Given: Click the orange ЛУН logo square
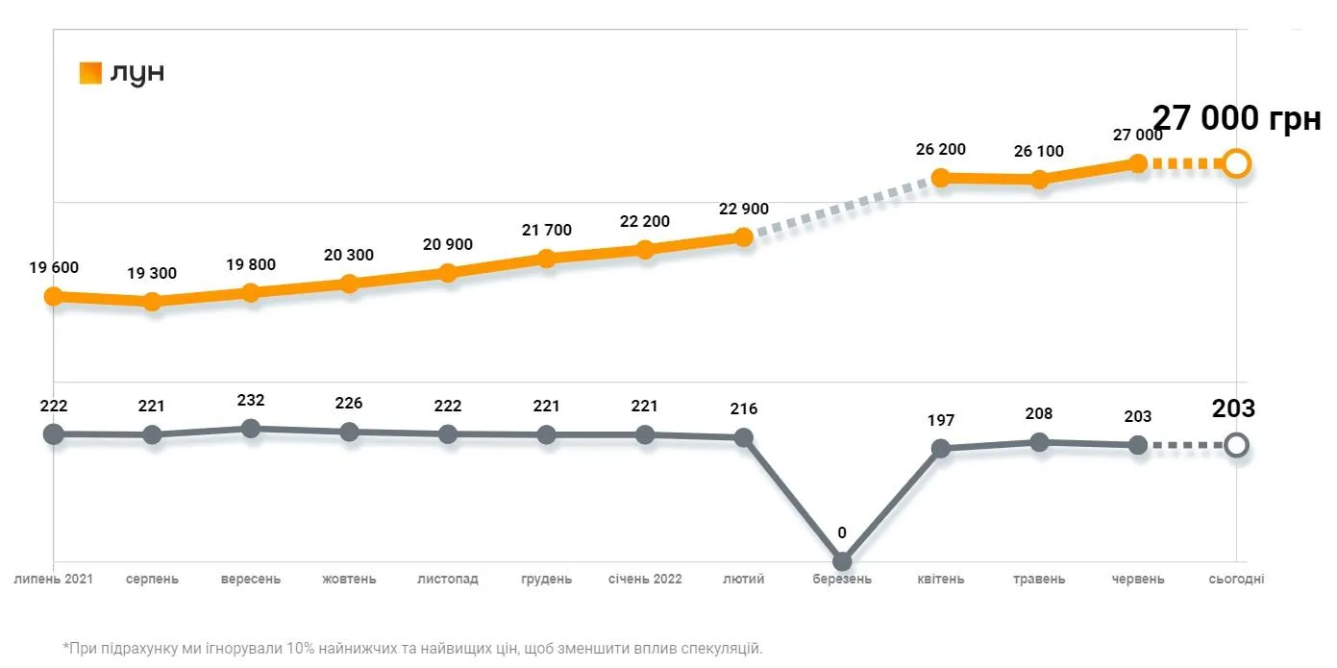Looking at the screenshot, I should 90,73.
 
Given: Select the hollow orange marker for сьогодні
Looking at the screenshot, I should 1237,163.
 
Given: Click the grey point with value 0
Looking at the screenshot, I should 842,561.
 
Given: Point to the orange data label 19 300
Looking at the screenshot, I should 152,274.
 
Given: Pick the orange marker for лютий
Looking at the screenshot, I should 743,236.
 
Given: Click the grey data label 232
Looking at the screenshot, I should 251,400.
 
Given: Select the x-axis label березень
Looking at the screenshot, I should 842,580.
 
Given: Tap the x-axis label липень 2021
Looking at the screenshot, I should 53,580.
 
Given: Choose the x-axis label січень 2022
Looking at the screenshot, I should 645,580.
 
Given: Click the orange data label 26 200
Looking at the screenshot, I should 941,150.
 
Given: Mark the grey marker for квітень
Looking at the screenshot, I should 941,448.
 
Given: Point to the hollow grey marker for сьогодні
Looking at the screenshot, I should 1237,445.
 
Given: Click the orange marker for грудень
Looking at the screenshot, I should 546,259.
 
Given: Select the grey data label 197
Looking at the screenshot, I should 941,420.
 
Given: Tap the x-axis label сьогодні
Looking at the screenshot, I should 1237,580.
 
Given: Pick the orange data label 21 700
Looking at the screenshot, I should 546,231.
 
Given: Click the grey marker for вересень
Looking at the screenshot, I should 251,429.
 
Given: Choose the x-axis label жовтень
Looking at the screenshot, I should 349,580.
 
